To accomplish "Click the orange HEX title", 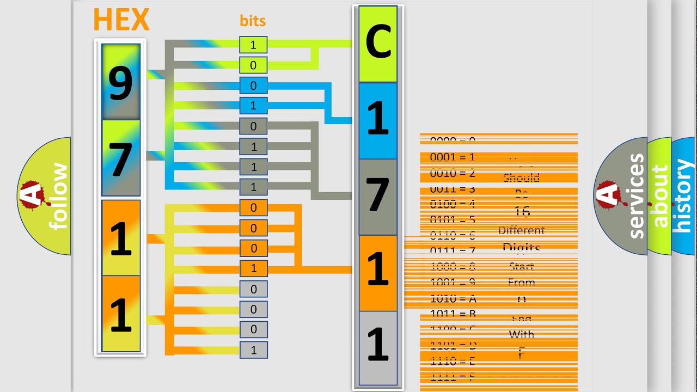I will click(x=121, y=20).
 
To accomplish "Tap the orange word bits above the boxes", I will click(x=253, y=21).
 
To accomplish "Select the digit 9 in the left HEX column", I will click(x=121, y=83).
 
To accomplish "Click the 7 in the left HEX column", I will click(x=121, y=159).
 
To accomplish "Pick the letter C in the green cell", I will click(x=378, y=44).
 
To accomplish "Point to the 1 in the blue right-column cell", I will click(x=378, y=120).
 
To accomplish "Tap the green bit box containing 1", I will click(x=253, y=45).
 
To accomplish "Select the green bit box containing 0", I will click(x=253, y=65).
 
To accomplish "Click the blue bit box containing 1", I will click(x=253, y=106).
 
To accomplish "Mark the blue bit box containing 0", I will click(x=253, y=85).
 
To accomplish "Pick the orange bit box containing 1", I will click(x=253, y=268).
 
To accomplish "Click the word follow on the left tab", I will click(x=59, y=196).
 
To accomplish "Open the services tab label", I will click(x=635, y=196).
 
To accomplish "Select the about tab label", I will click(x=659, y=196).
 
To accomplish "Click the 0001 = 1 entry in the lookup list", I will click(x=453, y=157).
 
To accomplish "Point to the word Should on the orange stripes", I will click(x=521, y=178).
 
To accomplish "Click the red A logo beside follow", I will click(x=32, y=196).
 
